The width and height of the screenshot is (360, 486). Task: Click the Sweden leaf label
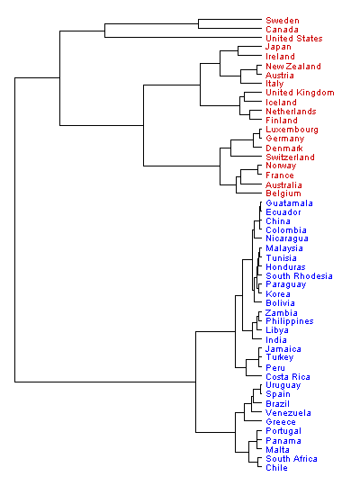pyautogui.click(x=283, y=21)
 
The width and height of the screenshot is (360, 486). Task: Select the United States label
pyautogui.click(x=294, y=39)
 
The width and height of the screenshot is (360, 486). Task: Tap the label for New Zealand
pyautogui.click(x=293, y=67)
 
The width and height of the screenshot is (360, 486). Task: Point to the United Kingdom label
pyautogui.click(x=300, y=93)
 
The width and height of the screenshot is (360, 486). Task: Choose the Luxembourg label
pyautogui.click(x=292, y=130)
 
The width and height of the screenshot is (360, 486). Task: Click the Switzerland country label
pyautogui.click(x=290, y=157)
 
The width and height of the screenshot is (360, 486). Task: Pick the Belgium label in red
pyautogui.click(x=283, y=193)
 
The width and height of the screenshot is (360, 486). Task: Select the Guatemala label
pyautogui.click(x=289, y=203)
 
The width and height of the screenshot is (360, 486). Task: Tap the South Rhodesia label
pyautogui.click(x=299, y=276)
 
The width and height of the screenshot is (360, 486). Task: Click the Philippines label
pyautogui.click(x=289, y=321)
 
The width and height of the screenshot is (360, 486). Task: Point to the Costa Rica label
pyautogui.click(x=288, y=377)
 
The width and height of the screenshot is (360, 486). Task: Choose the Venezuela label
pyautogui.click(x=288, y=413)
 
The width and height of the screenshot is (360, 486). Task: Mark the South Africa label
pyautogui.click(x=292, y=459)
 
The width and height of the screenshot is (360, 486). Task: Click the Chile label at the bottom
pyautogui.click(x=276, y=468)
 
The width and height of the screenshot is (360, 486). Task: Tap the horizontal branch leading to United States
pyautogui.click(x=184, y=38)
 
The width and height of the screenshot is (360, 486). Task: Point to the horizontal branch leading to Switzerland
pyautogui.click(x=247, y=156)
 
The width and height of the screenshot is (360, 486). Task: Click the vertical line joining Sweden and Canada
pyautogui.click(x=198, y=24)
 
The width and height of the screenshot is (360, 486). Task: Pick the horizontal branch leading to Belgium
pyautogui.click(x=249, y=193)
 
